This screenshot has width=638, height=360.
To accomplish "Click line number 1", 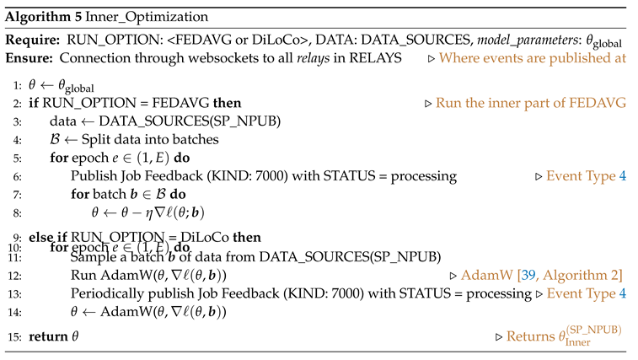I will point(17,87).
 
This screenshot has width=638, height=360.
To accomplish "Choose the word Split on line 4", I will point(96,140).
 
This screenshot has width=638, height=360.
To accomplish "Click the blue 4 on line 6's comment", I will point(623,177).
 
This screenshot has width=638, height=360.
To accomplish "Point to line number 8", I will point(17,213).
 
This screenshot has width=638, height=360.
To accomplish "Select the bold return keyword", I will point(48,336).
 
